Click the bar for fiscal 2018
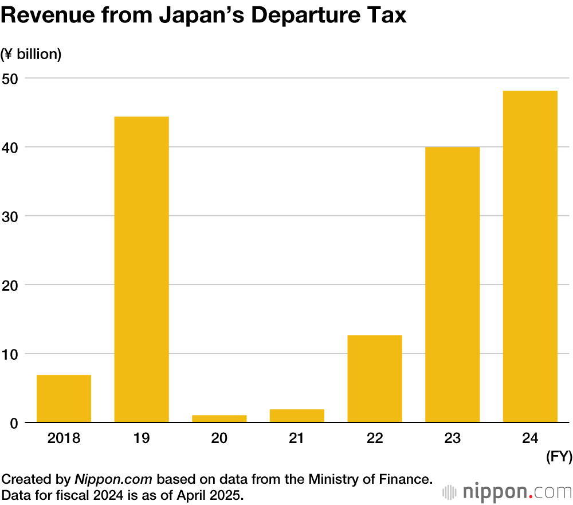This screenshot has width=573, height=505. click(x=64, y=398)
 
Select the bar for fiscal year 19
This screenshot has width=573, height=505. click(x=142, y=270)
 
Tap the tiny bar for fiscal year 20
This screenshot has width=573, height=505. click(x=219, y=418)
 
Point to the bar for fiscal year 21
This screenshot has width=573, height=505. click(x=297, y=416)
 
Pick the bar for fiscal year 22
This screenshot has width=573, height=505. click(x=375, y=379)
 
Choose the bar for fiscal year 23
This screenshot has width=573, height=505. click(x=452, y=285)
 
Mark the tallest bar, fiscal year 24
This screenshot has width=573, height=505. click(x=530, y=257)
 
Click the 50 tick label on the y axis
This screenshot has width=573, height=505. click(x=11, y=78)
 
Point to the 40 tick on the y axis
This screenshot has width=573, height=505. click(x=11, y=147)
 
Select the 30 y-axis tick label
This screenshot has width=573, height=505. click(x=11, y=216)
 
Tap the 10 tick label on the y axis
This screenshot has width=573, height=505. click(x=11, y=353)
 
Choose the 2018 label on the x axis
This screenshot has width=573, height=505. click(x=64, y=439)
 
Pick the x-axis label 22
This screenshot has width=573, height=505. click(x=375, y=439)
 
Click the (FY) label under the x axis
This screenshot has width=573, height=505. click(x=558, y=457)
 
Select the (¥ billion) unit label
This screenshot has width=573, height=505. click(x=32, y=55)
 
